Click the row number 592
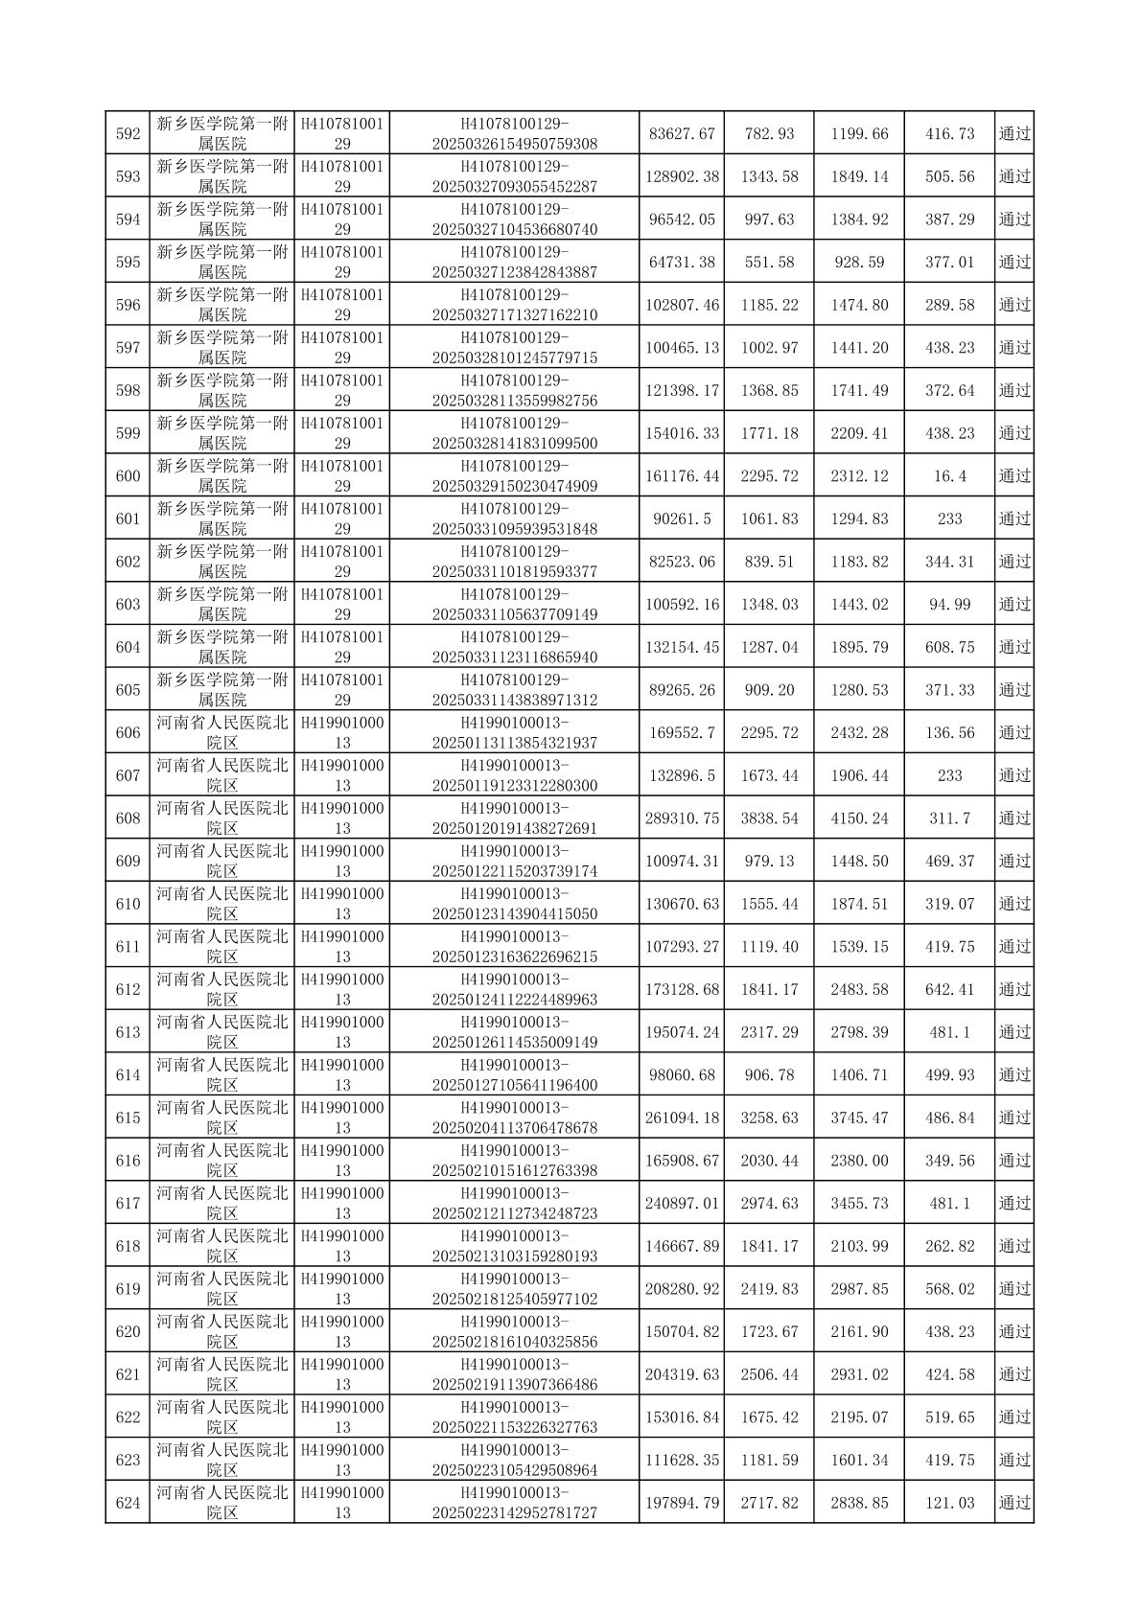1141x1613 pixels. [x=128, y=134]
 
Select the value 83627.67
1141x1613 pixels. [x=682, y=134]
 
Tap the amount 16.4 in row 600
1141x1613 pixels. [x=949, y=476]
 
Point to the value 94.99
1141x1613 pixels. [x=949, y=605]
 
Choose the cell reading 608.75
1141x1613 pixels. [x=949, y=648]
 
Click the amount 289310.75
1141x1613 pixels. [x=682, y=818]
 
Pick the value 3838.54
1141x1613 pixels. [x=769, y=818]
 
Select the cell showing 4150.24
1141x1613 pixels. [x=859, y=818]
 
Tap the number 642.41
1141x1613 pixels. [x=949, y=989]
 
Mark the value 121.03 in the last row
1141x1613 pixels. [x=949, y=1503]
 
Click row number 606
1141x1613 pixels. [x=128, y=733]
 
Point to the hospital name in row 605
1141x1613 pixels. [x=222, y=690]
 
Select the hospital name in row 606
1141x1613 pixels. [x=222, y=733]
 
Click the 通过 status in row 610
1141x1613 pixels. [x=1014, y=904]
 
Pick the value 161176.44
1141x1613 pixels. [x=682, y=476]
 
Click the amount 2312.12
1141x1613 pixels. [x=859, y=476]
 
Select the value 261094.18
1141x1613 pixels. [x=682, y=1118]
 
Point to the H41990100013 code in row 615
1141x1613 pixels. [x=342, y=1118]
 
